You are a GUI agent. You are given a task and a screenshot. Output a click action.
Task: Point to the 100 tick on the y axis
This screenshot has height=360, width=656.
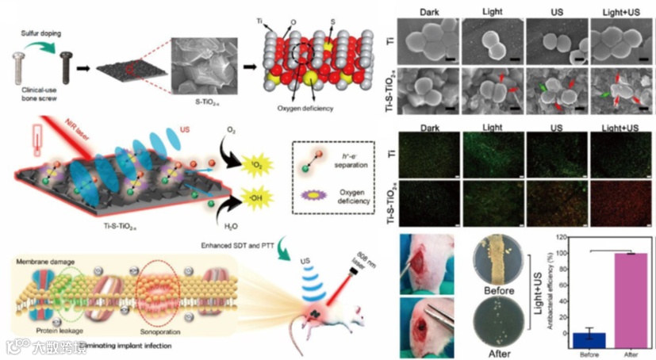tap(560, 254)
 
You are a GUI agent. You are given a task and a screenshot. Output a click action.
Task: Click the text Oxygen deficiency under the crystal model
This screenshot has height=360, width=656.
tap(301, 109)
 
